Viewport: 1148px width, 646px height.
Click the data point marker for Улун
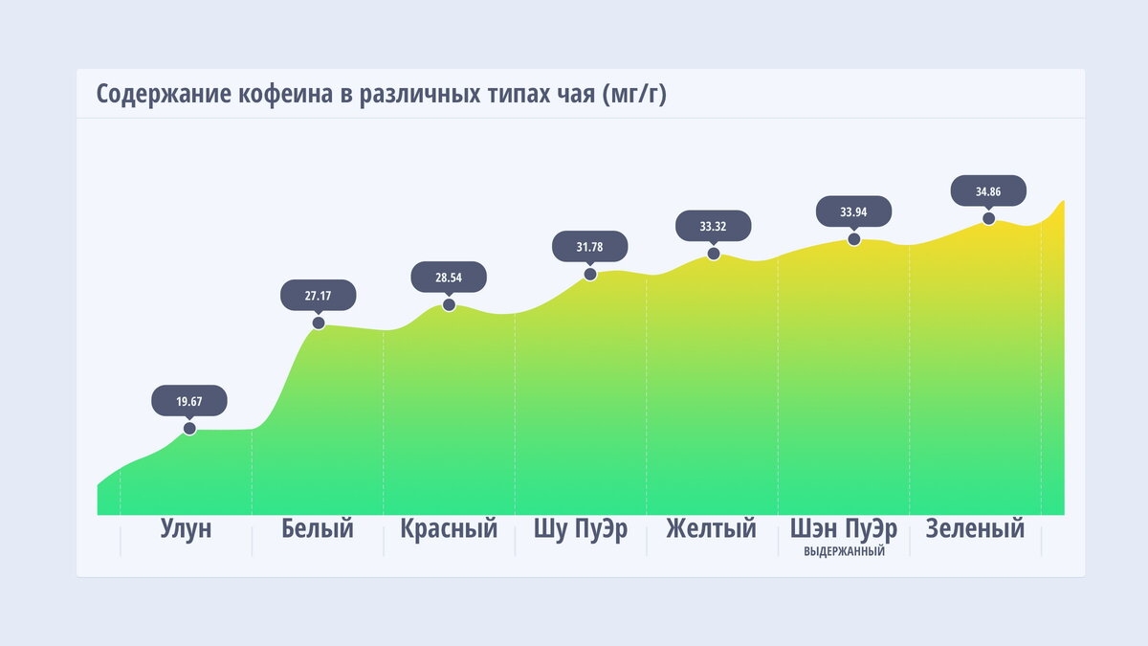click(x=189, y=428)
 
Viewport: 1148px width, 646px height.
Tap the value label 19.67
click(x=189, y=401)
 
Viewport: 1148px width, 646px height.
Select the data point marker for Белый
click(x=319, y=323)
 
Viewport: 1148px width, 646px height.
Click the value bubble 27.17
click(x=319, y=296)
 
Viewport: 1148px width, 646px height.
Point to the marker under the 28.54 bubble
click(x=449, y=305)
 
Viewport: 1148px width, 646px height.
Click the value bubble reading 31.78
click(x=590, y=247)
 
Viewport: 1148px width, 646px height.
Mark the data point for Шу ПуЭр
click(x=590, y=274)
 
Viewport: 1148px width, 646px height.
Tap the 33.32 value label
click(x=714, y=227)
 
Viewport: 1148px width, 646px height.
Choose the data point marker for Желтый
click(x=714, y=254)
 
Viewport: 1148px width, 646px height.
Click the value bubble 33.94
click(x=854, y=212)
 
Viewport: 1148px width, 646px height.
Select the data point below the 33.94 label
click(x=854, y=238)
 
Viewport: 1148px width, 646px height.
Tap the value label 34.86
click(x=988, y=191)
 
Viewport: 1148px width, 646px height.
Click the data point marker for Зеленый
click(x=988, y=218)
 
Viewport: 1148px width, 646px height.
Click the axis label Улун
click(x=186, y=529)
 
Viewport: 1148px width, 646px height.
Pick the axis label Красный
click(x=449, y=529)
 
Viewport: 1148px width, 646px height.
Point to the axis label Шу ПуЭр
click(x=581, y=529)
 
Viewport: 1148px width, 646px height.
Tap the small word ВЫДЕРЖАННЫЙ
click(x=844, y=552)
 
